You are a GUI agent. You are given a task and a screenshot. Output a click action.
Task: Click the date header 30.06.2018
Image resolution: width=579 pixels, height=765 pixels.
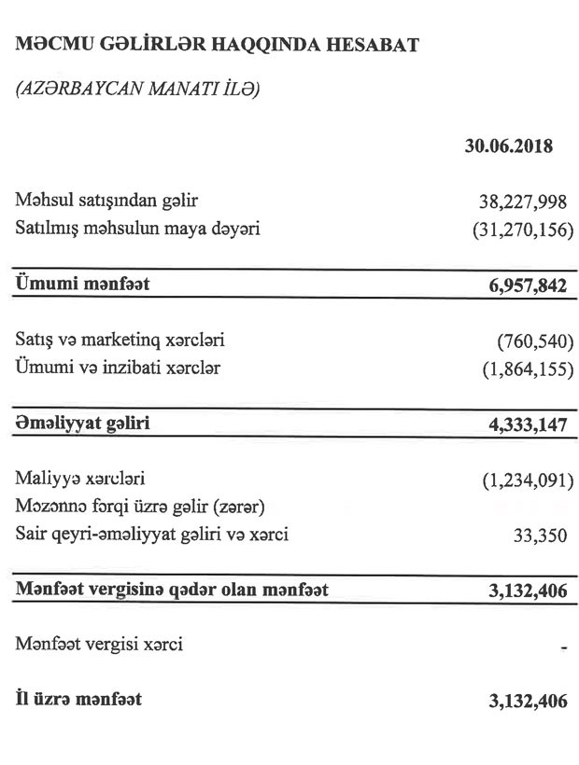[x=509, y=146]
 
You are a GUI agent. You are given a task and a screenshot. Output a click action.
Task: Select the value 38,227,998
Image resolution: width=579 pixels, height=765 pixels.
[x=521, y=201]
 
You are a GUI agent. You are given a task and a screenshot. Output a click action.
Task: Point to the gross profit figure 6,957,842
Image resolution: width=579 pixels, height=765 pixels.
[x=521, y=285]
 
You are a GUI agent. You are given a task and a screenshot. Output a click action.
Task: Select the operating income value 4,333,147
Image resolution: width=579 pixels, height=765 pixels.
[x=521, y=424]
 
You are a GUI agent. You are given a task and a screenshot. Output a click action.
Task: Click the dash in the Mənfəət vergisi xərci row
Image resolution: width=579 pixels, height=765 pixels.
[x=564, y=647]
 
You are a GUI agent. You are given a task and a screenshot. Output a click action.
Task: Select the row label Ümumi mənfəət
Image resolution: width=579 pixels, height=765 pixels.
[x=82, y=284]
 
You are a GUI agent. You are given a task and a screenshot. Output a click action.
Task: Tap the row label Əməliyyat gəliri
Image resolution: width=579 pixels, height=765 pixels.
[x=83, y=423]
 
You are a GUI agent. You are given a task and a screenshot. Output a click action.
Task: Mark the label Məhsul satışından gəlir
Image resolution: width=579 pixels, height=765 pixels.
[x=107, y=200]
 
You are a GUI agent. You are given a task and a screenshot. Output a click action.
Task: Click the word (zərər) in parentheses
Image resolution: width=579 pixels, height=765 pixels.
[x=240, y=508]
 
